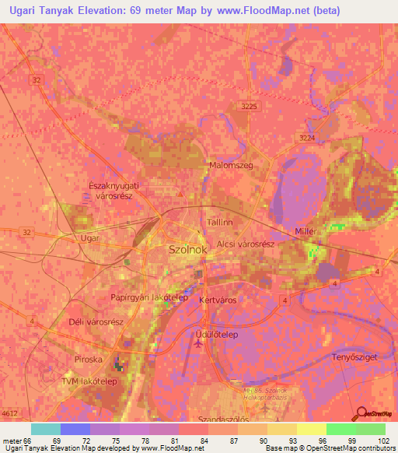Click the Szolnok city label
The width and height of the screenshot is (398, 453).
188,250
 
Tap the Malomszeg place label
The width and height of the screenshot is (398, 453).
229,166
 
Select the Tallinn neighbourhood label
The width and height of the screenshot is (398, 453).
221,223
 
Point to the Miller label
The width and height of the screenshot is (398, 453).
309,233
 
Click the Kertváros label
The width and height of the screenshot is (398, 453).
218,300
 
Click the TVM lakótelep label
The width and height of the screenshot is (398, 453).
89,381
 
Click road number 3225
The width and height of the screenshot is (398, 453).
249,105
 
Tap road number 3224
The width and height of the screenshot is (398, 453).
308,137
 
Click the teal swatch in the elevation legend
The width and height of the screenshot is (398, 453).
45,429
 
